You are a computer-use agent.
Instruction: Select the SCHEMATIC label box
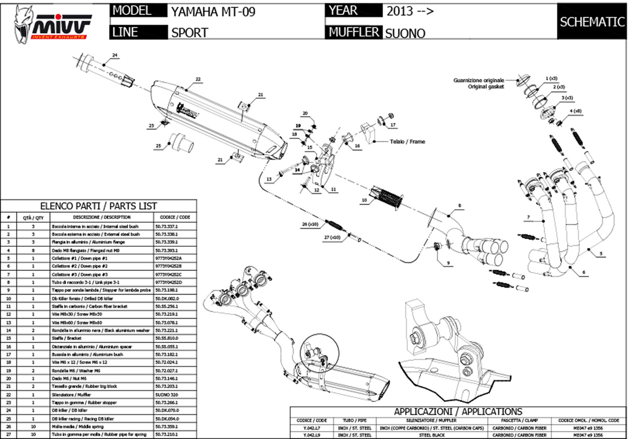(592, 22)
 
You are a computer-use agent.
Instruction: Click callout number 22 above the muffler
(198, 79)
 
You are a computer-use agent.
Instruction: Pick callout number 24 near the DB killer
(114, 55)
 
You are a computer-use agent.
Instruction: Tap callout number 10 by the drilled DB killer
(363, 201)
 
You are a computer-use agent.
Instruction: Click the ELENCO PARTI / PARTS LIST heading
(98, 206)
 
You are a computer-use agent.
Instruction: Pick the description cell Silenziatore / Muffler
(102, 394)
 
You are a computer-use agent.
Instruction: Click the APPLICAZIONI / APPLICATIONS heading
(457, 412)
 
